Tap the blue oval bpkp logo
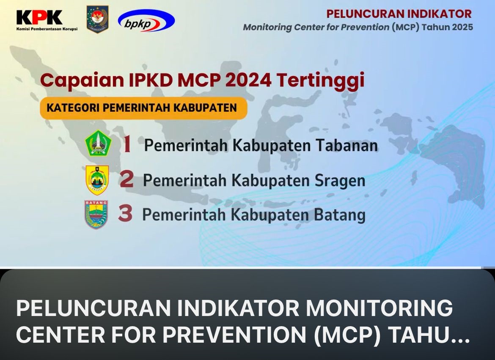pos(146,21)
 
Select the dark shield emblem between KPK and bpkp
pos(98,19)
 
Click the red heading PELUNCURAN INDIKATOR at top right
pos(399,14)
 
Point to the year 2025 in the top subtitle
pos(462,27)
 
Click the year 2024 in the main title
pos(248,80)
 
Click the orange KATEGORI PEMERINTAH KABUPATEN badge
pos(143,108)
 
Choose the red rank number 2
pos(126,179)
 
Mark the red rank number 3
pos(125,213)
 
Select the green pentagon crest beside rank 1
pos(98,143)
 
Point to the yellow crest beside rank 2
pos(97,179)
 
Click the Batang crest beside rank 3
pos(96,214)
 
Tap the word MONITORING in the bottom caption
pos(379,308)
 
